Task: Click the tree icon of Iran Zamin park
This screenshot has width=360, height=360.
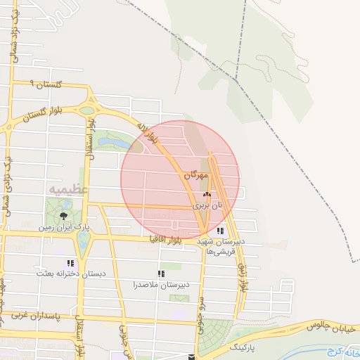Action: click(64, 215)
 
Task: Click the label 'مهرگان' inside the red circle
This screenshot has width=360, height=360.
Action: click(195, 174)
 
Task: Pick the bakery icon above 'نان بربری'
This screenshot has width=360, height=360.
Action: click(206, 195)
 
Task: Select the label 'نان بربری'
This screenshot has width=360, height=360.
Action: click(207, 205)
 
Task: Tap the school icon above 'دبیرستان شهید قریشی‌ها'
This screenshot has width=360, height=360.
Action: click(221, 231)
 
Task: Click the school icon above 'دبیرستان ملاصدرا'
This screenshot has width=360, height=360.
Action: click(161, 274)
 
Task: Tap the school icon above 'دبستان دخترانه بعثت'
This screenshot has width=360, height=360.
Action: click(70, 263)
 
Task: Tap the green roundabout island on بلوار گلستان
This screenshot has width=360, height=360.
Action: click(86, 110)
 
